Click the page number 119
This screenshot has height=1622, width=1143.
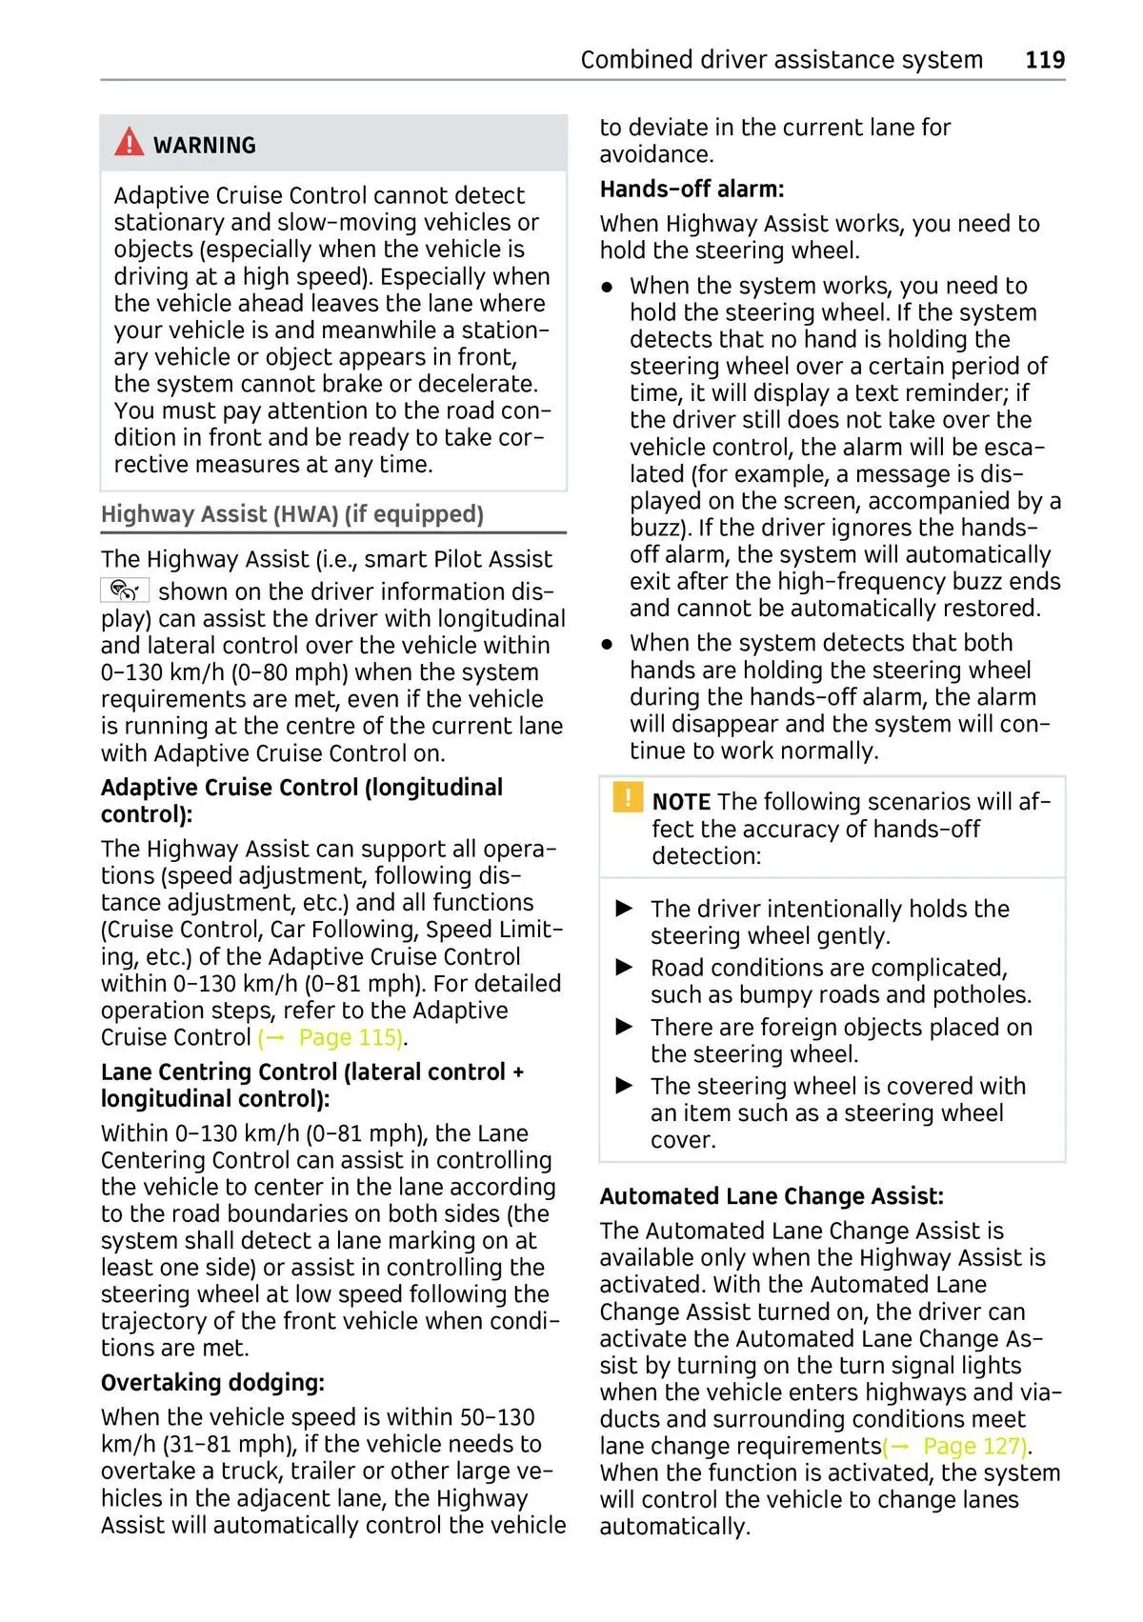(1044, 60)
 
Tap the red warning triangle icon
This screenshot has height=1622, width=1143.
(129, 143)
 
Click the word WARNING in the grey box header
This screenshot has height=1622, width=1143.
(205, 146)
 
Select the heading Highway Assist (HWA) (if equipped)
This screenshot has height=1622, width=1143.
(292, 514)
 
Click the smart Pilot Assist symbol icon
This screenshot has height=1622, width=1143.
(125, 591)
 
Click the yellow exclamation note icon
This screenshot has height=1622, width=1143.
(627, 796)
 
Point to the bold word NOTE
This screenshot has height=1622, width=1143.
(681, 802)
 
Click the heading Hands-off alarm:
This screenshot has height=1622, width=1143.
(692, 190)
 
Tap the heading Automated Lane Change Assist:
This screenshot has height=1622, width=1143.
(772, 1196)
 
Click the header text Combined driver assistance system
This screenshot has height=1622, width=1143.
(781, 60)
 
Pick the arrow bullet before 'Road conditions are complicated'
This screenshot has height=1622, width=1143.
(625, 968)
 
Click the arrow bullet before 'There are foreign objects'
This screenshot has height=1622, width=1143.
(625, 1027)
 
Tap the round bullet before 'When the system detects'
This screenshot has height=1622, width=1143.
(607, 644)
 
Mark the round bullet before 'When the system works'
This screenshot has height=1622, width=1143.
(607, 287)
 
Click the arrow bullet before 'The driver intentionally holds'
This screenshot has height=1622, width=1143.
(625, 909)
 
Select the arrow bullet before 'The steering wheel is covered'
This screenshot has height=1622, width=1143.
(625, 1086)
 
